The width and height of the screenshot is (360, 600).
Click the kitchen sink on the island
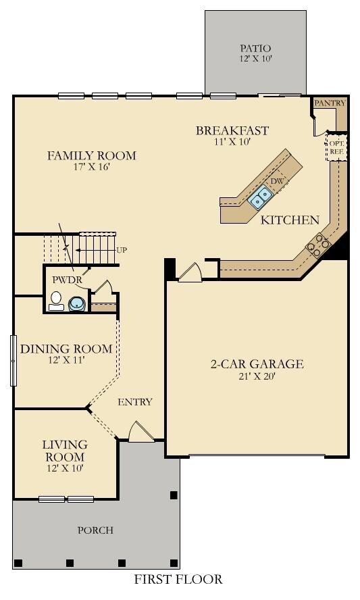tap(260, 197)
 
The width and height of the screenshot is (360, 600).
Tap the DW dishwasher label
tap(277, 181)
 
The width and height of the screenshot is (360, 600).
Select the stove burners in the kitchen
tap(318, 245)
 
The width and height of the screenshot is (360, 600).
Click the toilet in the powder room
tap(57, 301)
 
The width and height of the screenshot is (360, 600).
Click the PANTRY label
tap(330, 103)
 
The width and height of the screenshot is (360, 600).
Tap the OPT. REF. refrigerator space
tap(336, 147)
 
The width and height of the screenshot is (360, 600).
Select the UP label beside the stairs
tap(122, 250)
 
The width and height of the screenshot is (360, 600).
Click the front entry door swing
tap(140, 432)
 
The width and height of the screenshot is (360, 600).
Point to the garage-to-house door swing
tap(190, 272)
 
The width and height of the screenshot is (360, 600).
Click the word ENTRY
tap(135, 402)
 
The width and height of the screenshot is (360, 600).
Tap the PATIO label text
tap(255, 48)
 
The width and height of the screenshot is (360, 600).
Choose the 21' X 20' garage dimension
tap(257, 376)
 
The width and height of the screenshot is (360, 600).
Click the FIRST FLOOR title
tap(178, 579)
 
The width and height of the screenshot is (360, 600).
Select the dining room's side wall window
tap(14, 360)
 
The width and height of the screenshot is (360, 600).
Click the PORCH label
tap(95, 530)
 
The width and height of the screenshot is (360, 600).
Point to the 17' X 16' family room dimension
tap(91, 167)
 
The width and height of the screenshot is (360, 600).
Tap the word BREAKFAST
tap(232, 130)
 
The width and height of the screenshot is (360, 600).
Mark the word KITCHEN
tap(290, 220)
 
